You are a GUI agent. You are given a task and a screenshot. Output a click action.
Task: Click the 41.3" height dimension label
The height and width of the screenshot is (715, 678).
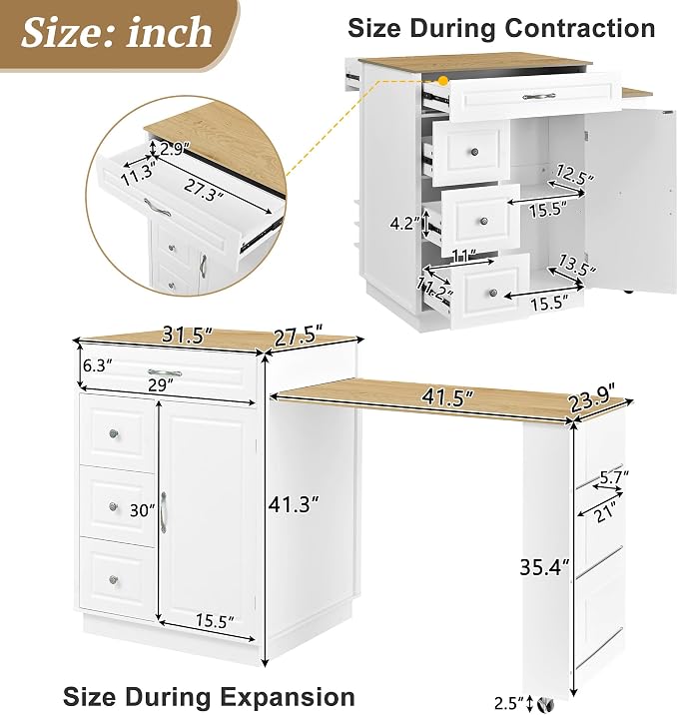[294, 504]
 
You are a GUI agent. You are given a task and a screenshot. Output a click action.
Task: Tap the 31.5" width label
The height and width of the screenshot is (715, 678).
[188, 337]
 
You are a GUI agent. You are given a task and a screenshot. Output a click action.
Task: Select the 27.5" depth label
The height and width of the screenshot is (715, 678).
[299, 338]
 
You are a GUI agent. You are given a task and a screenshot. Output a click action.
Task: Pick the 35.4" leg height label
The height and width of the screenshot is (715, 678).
[545, 567]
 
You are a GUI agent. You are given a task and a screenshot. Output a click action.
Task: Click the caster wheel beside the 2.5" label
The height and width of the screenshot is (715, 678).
[544, 704]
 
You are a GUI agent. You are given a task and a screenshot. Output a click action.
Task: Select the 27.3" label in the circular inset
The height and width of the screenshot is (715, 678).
[204, 190]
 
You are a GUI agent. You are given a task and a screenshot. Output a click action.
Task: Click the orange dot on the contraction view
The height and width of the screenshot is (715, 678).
[442, 82]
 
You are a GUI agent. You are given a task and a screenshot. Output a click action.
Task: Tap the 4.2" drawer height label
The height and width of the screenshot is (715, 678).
[404, 224]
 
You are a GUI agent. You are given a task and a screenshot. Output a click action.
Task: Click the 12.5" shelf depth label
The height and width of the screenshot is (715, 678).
[575, 174]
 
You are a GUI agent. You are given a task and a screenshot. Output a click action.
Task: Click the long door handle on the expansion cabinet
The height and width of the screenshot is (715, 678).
[163, 512]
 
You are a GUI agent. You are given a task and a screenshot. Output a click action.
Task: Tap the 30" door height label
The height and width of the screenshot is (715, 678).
[142, 510]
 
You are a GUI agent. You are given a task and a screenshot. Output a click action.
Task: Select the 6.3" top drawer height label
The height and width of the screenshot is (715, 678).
[98, 365]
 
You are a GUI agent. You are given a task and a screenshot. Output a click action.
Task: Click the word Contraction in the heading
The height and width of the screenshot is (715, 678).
[580, 28]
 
